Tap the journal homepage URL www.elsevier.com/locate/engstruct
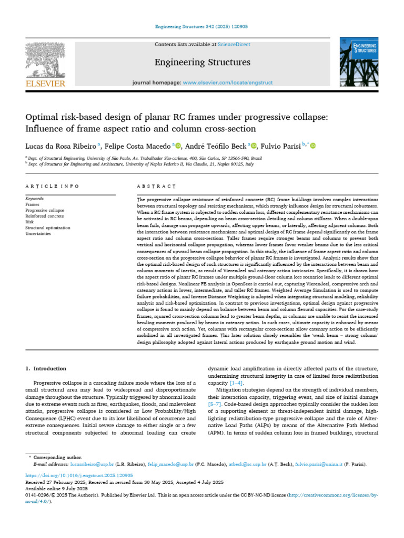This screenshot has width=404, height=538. pyautogui.click(x=228, y=83)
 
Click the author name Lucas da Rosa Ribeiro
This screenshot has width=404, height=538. pyautogui.click(x=60, y=146)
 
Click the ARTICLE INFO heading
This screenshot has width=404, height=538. pyautogui.click(x=53, y=186)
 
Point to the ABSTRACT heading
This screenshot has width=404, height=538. pyautogui.click(x=156, y=186)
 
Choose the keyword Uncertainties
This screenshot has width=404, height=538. pyautogui.click(x=38, y=233)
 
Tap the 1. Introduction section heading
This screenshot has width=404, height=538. pyautogui.click(x=46, y=368)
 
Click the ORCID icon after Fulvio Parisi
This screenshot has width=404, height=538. pyautogui.click(x=312, y=146)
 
